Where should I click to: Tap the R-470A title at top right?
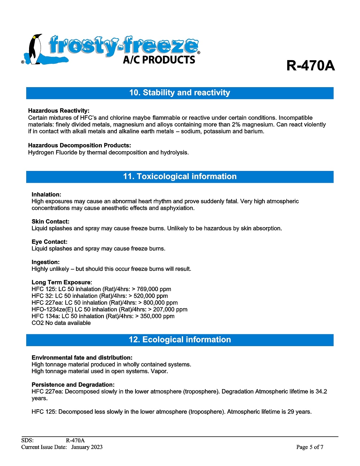(310, 66)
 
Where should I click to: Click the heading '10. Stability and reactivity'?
(180, 93)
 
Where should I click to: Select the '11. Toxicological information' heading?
(180, 177)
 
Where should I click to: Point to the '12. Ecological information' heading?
(180, 340)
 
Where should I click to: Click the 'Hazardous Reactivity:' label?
(59, 111)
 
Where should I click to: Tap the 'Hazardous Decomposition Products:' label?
(80, 146)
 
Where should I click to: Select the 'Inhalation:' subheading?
(46, 195)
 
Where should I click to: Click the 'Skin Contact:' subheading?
(51, 222)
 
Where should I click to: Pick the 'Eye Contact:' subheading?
(49, 242)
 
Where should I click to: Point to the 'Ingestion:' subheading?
(46, 262)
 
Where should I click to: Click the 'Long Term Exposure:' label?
(62, 283)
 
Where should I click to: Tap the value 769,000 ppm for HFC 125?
(154, 289)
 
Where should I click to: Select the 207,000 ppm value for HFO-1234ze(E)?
(170, 310)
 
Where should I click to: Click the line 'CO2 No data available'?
(61, 323)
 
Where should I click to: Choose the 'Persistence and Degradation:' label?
(73, 385)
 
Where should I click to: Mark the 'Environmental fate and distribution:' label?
(82, 358)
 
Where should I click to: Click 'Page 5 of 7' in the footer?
(309, 447)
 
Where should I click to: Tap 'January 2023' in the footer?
(87, 447)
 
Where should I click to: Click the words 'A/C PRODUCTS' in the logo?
(159, 60)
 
